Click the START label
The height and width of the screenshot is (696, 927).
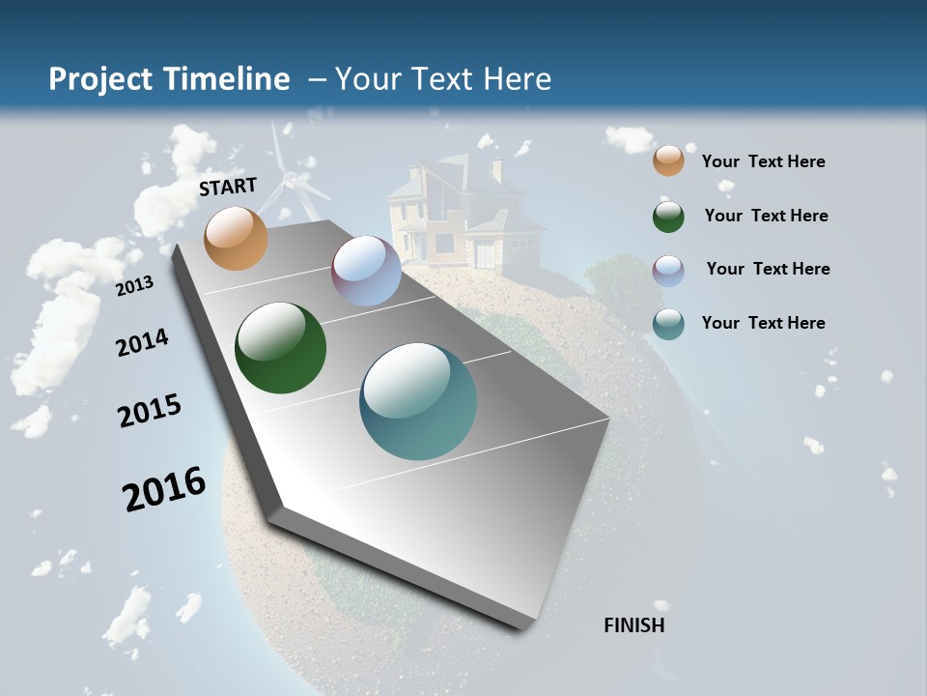[x=228, y=187]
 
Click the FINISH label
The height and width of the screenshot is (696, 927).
[x=633, y=625]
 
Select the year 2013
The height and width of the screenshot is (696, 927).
[x=135, y=285]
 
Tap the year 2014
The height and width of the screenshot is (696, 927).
[x=143, y=342]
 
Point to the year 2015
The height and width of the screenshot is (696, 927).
[x=150, y=411]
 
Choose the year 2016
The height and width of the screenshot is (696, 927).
[x=164, y=489]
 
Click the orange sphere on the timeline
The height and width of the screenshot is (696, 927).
[x=237, y=238]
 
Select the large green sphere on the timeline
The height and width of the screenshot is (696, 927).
[x=280, y=348]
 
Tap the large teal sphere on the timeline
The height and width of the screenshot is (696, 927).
[x=418, y=401]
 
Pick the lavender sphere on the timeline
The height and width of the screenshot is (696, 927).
[x=366, y=271]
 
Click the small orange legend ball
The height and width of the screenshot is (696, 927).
[x=668, y=160]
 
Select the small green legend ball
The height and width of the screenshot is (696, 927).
[x=668, y=217]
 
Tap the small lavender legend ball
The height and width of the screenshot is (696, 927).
[x=668, y=271]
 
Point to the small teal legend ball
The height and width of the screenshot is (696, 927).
[x=668, y=324]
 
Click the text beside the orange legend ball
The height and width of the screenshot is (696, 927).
[x=763, y=161]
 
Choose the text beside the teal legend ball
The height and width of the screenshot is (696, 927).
[x=763, y=323]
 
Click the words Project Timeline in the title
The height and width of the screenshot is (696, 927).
[x=169, y=79]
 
